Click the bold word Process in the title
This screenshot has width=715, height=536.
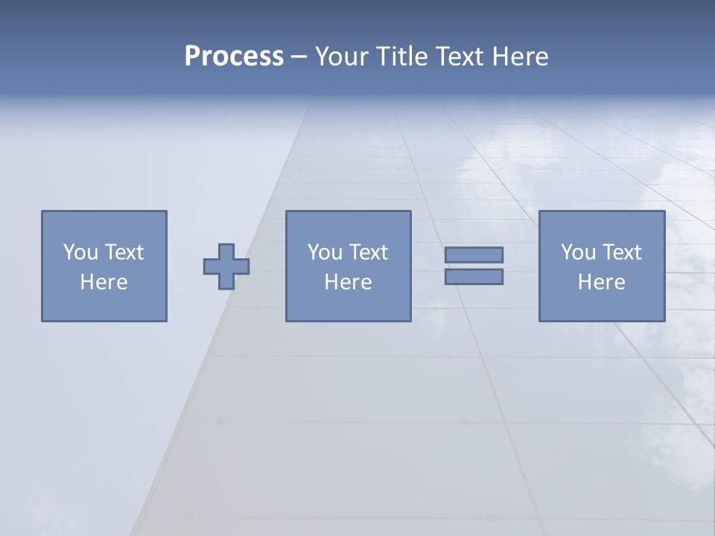(234, 57)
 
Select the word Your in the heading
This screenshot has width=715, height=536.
(341, 57)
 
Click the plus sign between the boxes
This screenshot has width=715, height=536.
(226, 267)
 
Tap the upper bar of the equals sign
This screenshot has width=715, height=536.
(474, 255)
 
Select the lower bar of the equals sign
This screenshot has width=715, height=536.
(474, 276)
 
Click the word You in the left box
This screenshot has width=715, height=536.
(80, 252)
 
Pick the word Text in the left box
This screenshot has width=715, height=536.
(124, 252)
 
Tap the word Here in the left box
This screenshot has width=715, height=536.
(104, 282)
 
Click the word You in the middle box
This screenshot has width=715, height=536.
(325, 252)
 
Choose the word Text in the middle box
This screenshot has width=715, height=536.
(368, 252)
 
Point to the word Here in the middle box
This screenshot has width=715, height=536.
(348, 282)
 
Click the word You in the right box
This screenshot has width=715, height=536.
(578, 252)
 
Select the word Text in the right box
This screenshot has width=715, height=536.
(621, 252)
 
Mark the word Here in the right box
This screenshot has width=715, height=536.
(601, 282)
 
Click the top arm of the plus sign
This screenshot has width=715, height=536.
(226, 251)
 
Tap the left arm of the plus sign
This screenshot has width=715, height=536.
(211, 267)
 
